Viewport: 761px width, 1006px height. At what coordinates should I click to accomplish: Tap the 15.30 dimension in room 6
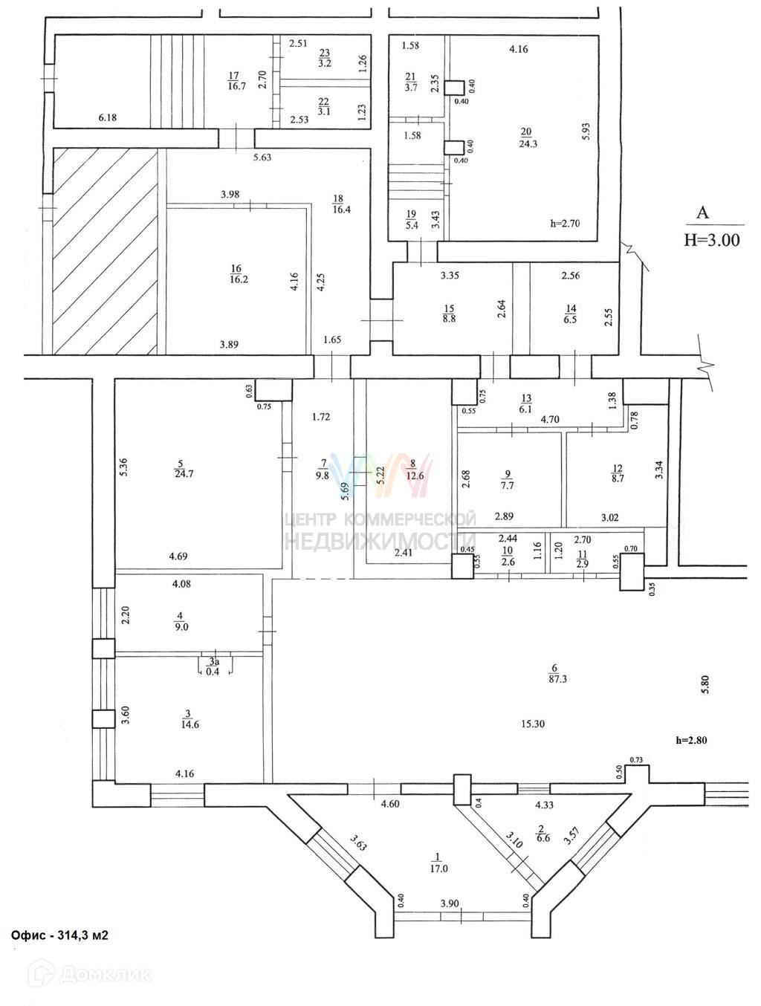(x=531, y=724)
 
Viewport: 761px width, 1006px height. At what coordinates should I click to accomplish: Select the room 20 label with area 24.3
(x=528, y=139)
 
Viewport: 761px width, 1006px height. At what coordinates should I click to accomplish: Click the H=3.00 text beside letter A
(x=711, y=240)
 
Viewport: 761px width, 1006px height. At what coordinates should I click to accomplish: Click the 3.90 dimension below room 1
(x=449, y=903)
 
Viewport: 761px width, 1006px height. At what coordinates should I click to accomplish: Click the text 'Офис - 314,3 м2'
(x=59, y=935)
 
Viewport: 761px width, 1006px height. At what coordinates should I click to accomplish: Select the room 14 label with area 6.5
(x=571, y=314)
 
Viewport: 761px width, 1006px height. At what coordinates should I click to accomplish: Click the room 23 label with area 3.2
(x=325, y=58)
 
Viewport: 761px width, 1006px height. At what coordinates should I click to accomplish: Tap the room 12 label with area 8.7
(x=617, y=473)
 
